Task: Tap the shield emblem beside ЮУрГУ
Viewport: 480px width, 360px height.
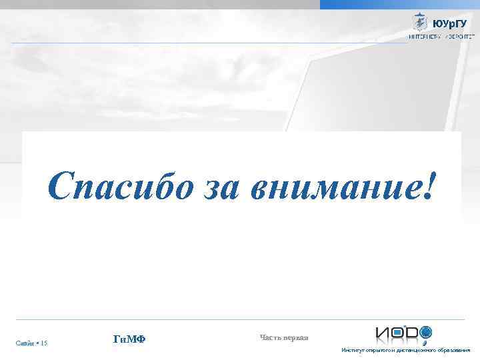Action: pyautogui.click(x=421, y=23)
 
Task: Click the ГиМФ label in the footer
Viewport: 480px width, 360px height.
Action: pyautogui.click(x=129, y=340)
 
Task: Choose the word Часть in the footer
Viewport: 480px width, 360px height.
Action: pyautogui.click(x=270, y=337)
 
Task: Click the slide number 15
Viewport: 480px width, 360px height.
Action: pyautogui.click(x=43, y=343)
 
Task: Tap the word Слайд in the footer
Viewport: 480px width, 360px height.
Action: pyautogui.click(x=25, y=343)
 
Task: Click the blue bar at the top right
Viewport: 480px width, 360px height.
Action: pyautogui.click(x=399, y=4)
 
